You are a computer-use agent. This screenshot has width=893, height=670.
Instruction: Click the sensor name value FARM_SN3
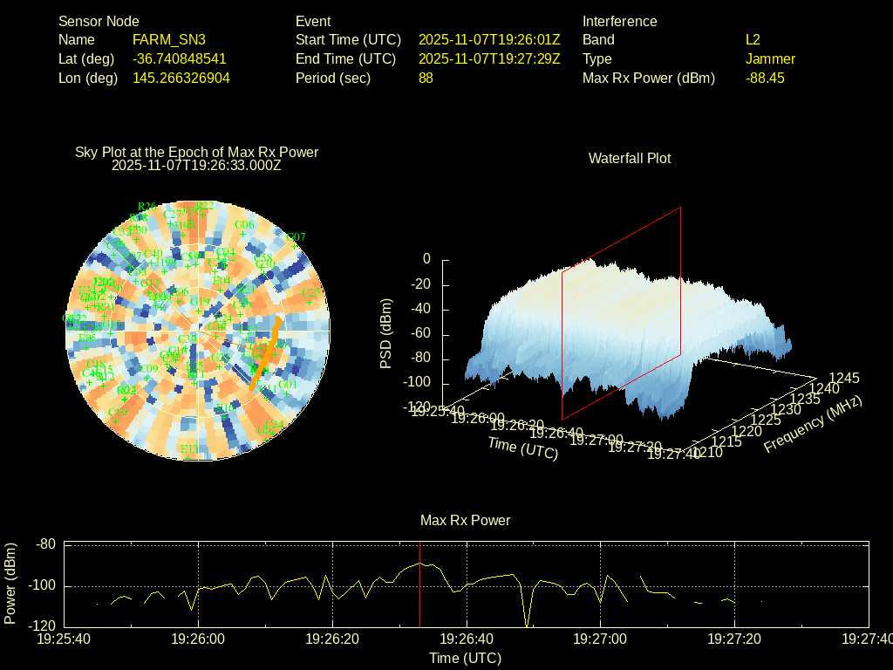[x=169, y=40]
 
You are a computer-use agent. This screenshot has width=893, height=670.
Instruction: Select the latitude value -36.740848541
[x=180, y=59]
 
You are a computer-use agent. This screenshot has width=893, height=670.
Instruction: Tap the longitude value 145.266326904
[x=181, y=78]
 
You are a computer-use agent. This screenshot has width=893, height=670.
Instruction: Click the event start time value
[x=489, y=40]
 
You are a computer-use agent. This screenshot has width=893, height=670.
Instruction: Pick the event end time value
[x=489, y=59]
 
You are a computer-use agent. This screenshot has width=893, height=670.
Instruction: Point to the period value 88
[x=426, y=78]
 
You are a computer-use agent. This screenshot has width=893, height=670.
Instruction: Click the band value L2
[x=753, y=40]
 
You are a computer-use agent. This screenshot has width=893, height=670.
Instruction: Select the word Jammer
[x=770, y=59]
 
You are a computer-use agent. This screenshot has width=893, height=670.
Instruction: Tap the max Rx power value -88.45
[x=765, y=78]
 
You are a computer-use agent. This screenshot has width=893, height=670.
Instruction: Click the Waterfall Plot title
[x=630, y=158]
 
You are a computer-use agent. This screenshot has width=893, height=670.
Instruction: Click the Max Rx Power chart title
[x=465, y=520]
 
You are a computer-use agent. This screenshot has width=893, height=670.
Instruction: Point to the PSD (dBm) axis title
[x=386, y=333]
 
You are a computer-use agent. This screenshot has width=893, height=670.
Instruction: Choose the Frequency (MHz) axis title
[x=813, y=425]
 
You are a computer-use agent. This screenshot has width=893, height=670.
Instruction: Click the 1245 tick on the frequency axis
[x=843, y=378]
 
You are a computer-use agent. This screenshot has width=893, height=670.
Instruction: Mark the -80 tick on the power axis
[x=44, y=544]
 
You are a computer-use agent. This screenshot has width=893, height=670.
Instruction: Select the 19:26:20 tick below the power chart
[x=331, y=639]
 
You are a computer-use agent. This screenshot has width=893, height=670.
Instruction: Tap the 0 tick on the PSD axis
[x=426, y=259]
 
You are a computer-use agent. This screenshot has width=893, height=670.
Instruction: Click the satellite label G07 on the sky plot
[x=296, y=236]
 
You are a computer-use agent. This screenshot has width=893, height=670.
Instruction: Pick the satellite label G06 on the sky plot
[x=244, y=225]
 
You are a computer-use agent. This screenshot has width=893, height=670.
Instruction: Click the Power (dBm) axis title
[x=10, y=583]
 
